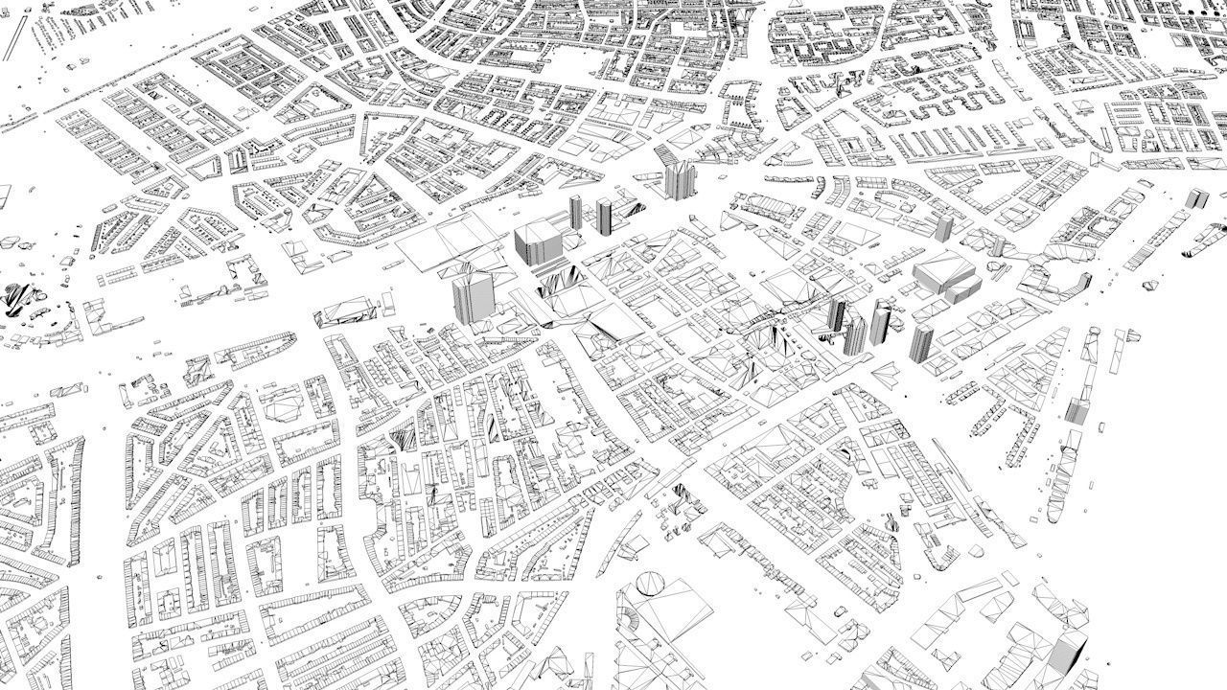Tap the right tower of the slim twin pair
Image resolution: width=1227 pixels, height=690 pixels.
tap(604, 215)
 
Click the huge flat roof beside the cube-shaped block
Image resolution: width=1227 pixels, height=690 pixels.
tap(451, 240)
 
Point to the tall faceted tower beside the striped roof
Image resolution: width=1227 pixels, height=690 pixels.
tap(679, 178)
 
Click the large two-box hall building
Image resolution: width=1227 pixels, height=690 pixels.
tap(945, 278)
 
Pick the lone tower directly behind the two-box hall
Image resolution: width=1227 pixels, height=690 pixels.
tap(943, 228)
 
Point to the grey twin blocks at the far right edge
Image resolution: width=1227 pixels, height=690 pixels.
tap(1195, 199)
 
